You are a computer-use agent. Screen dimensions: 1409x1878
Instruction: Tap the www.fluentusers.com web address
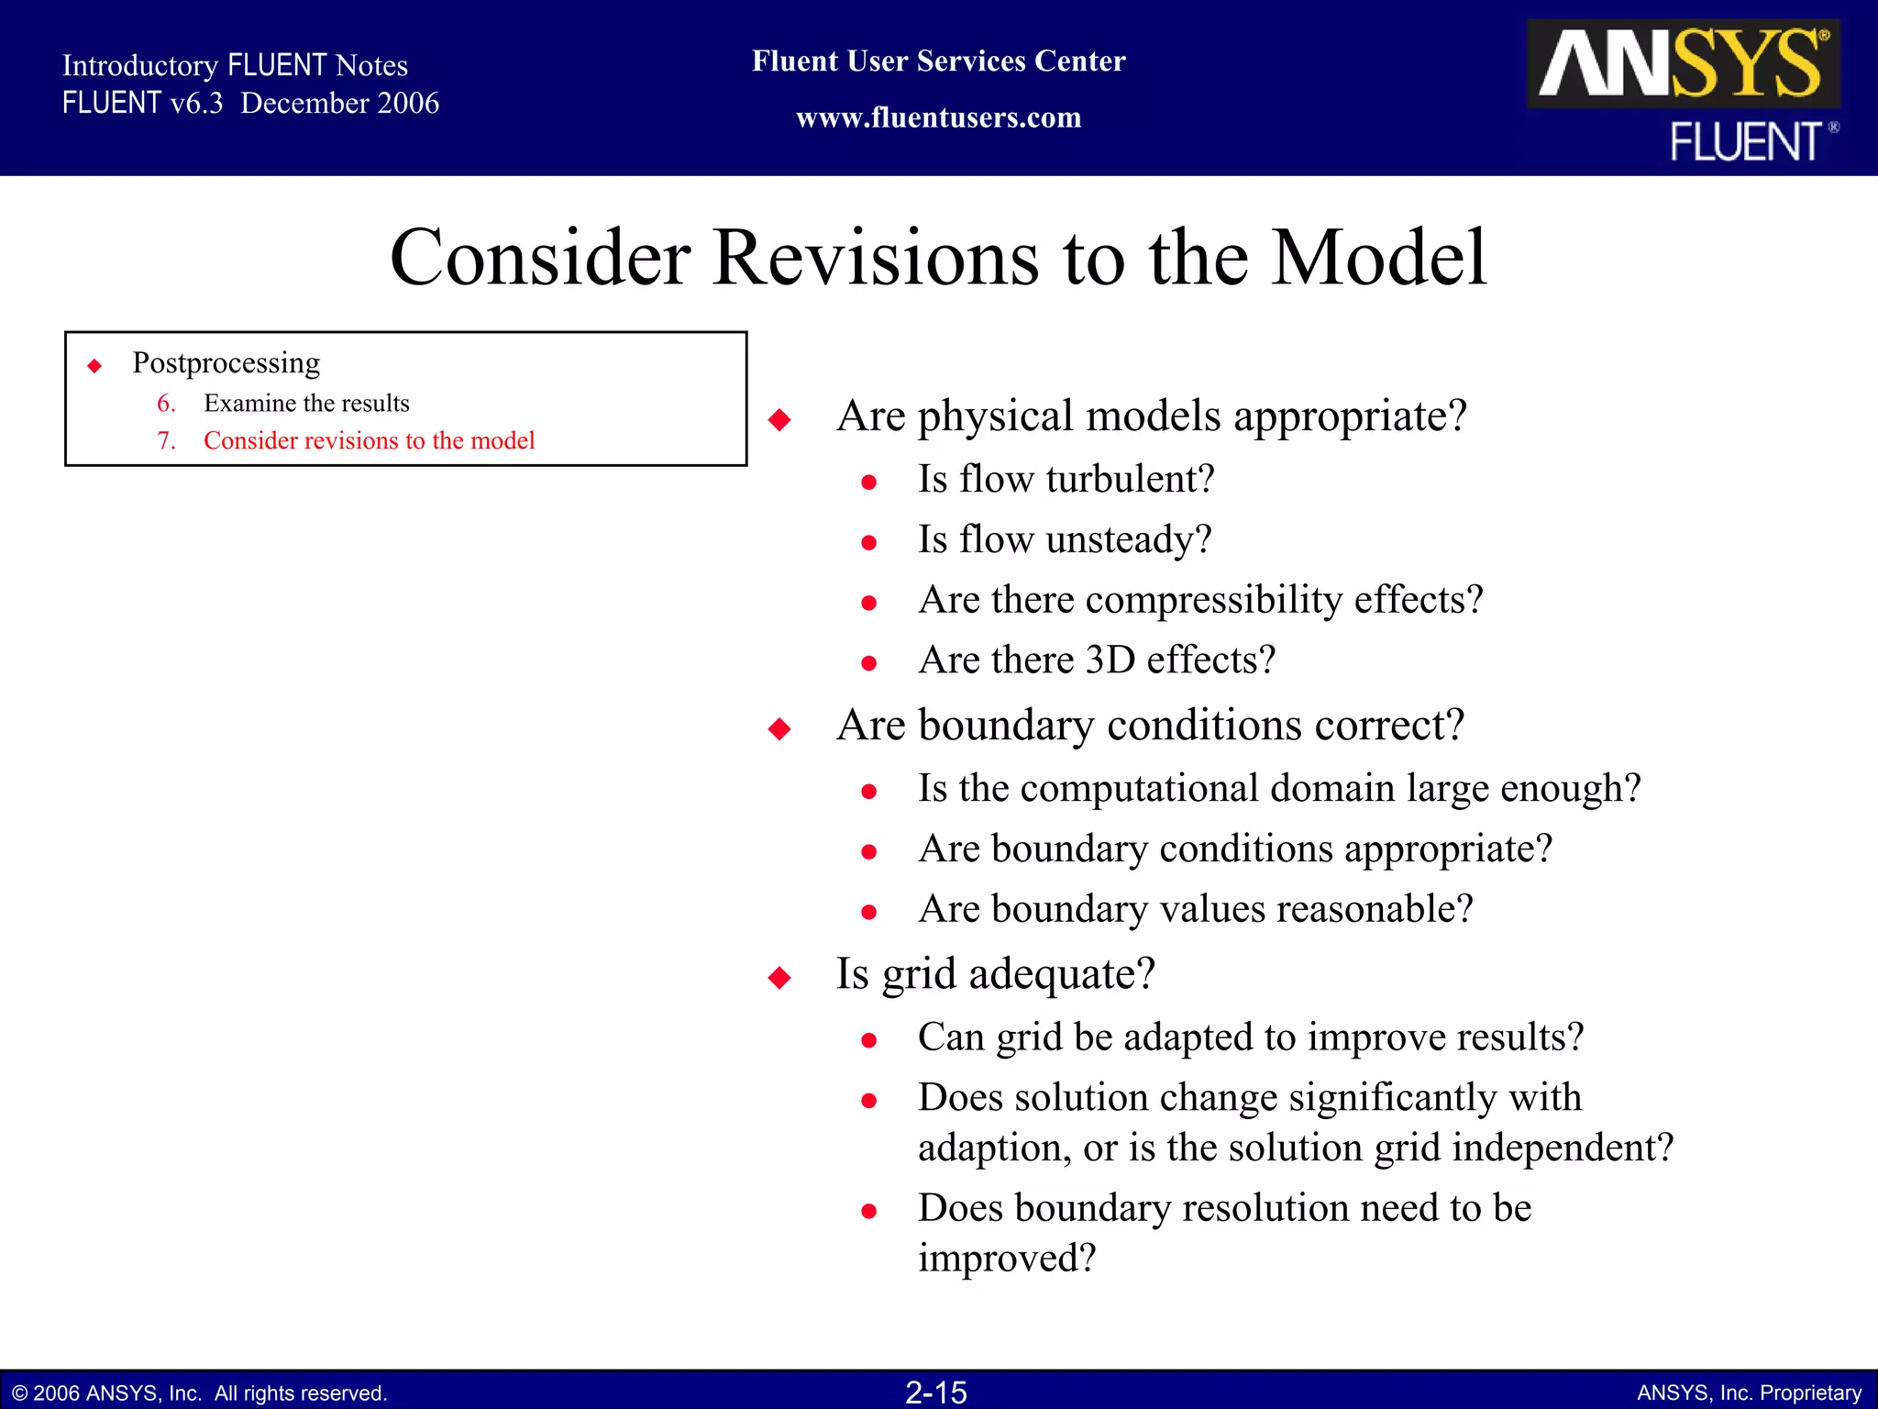click(x=938, y=117)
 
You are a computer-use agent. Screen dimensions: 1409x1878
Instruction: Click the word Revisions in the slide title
click(x=875, y=258)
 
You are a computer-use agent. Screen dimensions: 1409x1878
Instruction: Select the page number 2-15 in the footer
click(x=936, y=1392)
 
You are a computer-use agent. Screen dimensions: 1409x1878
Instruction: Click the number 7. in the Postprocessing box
click(x=166, y=440)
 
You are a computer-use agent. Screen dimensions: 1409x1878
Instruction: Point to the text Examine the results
click(x=306, y=403)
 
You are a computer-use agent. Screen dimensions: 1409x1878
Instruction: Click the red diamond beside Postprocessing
click(x=94, y=366)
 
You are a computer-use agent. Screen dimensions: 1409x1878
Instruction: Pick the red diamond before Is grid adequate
click(x=779, y=978)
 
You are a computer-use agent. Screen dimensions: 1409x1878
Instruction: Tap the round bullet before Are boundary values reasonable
click(x=869, y=912)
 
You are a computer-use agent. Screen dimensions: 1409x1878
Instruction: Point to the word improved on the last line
click(x=1005, y=1258)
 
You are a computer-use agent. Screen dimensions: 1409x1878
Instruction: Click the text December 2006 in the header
click(x=339, y=103)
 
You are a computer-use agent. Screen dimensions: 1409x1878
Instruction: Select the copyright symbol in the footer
click(x=19, y=1393)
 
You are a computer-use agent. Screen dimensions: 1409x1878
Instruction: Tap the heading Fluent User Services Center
click(x=938, y=61)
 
